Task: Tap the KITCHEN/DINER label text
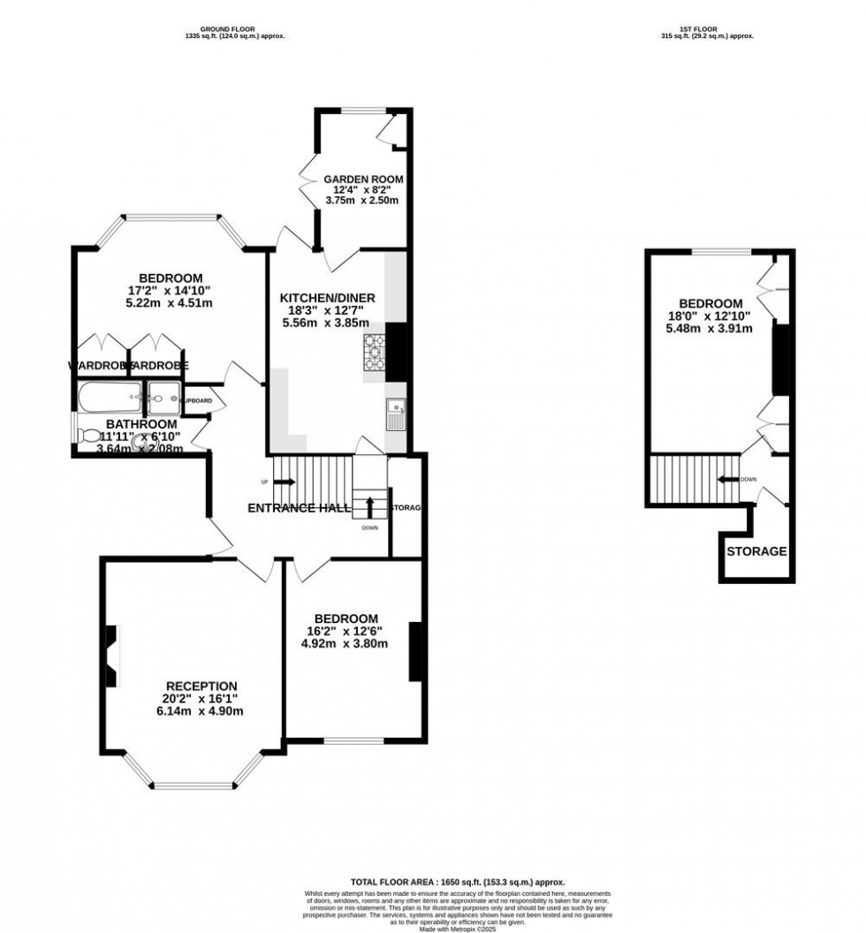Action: [328, 299]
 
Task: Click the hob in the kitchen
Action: [374, 354]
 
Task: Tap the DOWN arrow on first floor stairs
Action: [728, 480]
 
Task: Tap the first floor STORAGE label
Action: [756, 551]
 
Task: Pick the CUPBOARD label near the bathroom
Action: [195, 400]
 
